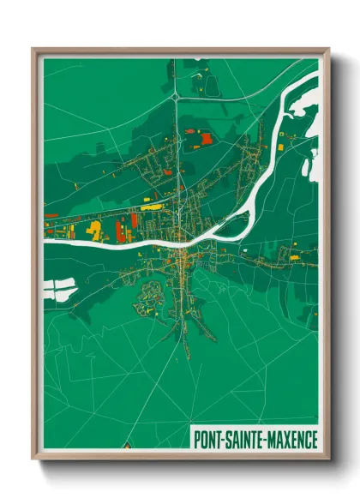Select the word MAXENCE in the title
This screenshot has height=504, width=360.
[291, 438]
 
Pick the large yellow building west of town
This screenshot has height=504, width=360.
[94, 229]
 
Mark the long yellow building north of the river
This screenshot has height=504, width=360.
[151, 207]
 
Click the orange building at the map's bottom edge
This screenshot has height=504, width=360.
[127, 446]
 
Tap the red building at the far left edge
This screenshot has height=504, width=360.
[51, 215]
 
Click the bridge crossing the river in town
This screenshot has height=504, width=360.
[183, 239]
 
